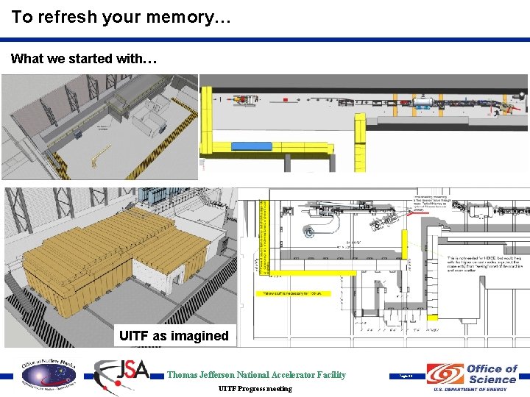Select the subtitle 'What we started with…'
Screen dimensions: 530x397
tap(83, 59)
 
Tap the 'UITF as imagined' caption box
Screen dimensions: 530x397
tap(174, 336)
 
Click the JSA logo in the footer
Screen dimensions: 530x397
tap(123, 374)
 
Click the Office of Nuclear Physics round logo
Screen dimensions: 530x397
tap(48, 374)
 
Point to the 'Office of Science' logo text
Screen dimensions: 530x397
tap(492, 373)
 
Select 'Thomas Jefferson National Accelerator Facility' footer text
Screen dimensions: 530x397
tap(256, 375)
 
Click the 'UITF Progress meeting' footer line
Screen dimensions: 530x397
tap(255, 388)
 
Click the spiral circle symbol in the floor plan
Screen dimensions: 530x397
tap(309, 232)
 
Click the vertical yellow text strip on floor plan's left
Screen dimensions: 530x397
tap(266, 239)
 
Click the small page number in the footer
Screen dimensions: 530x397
tap(406, 376)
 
